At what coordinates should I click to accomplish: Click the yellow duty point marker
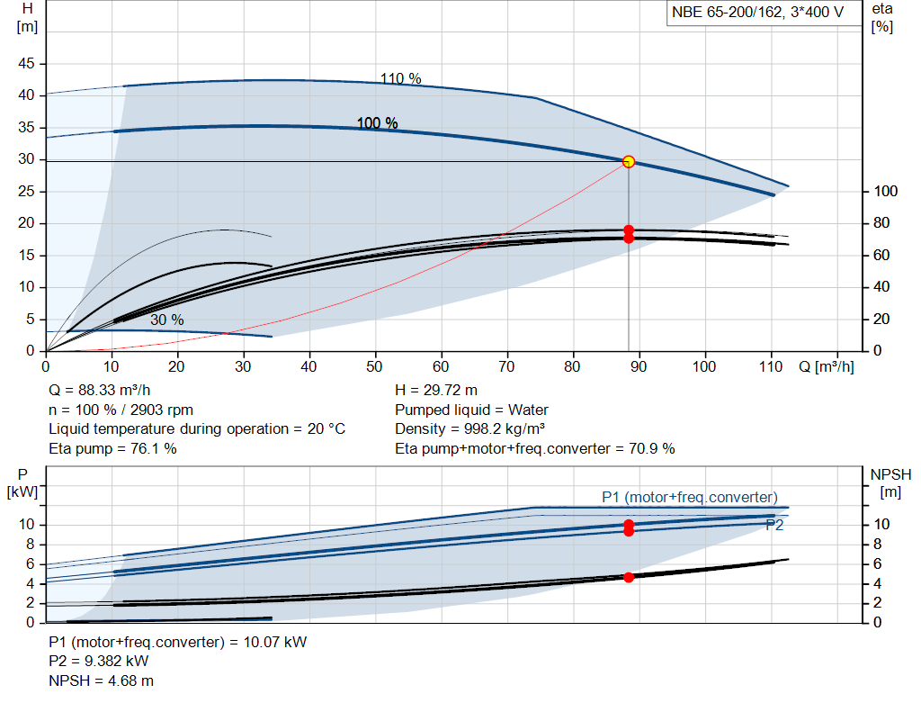click(629, 162)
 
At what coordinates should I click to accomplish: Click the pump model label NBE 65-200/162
click(727, 12)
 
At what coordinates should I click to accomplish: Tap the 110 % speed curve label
click(400, 79)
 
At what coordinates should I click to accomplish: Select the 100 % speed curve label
click(377, 122)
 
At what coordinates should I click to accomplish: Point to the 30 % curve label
click(166, 320)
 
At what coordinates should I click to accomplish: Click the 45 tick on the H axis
click(26, 63)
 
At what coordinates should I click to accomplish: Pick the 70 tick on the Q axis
click(506, 366)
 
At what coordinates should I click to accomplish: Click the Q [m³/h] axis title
click(826, 366)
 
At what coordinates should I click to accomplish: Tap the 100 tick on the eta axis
click(886, 191)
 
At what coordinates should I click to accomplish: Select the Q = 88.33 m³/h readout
click(100, 391)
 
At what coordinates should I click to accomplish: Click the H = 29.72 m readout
click(436, 391)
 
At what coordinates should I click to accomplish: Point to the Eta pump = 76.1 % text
click(112, 448)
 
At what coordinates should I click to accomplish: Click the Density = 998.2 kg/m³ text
click(469, 429)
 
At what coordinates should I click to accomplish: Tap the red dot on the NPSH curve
click(629, 577)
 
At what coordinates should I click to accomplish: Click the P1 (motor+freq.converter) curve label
click(690, 497)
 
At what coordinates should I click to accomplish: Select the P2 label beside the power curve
click(774, 525)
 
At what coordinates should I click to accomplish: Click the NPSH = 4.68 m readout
click(101, 680)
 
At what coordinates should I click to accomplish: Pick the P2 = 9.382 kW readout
click(99, 662)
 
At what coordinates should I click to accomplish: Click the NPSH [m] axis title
click(890, 483)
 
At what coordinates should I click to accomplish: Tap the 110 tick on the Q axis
click(771, 366)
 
